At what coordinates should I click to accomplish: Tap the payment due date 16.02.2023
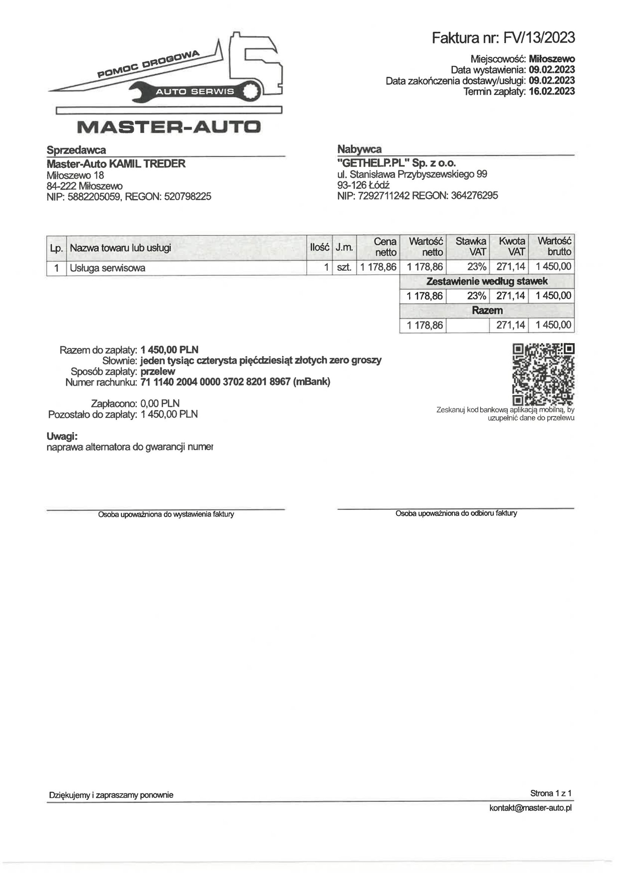[x=551, y=91]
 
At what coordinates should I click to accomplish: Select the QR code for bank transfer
[x=543, y=374]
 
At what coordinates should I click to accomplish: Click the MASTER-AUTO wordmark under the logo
[x=169, y=127]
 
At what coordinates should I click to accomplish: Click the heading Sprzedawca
[x=76, y=150]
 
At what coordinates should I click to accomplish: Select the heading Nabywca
[x=359, y=149]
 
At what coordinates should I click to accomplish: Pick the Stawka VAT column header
[x=471, y=246]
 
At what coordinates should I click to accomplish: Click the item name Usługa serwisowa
[x=108, y=268]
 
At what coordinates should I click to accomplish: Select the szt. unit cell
[x=344, y=267]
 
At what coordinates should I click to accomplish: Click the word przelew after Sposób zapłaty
[x=158, y=371]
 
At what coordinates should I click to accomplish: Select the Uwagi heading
[x=62, y=436]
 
